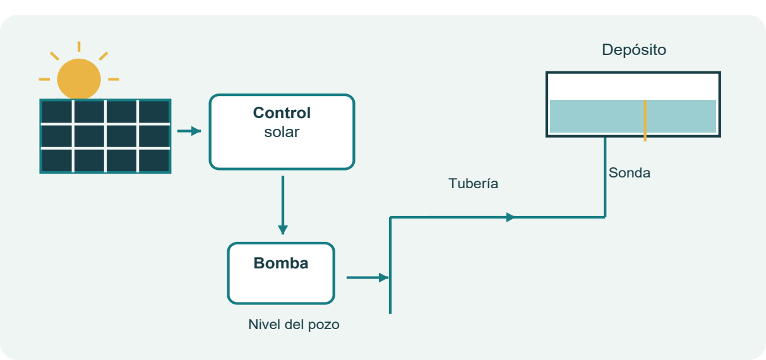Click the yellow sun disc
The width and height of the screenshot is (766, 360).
[x=79, y=79]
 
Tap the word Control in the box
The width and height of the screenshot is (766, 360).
[x=282, y=113]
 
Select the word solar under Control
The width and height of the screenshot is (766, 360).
[x=282, y=132]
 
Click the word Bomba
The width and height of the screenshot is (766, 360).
[x=281, y=263]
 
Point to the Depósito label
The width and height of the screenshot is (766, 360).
[x=634, y=50]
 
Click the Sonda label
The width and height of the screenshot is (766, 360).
[x=629, y=172]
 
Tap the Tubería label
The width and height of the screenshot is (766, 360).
[x=473, y=184]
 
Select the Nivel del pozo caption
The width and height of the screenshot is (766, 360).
[x=294, y=325]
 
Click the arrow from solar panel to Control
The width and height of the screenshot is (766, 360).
[x=189, y=131]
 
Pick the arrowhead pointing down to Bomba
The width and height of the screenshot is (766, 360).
[x=283, y=230]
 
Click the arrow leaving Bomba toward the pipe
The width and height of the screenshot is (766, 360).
[x=368, y=278]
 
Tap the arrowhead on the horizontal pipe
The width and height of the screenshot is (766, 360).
[x=510, y=217]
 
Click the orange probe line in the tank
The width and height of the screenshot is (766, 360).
[x=645, y=121]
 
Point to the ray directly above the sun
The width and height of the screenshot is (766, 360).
[x=79, y=47]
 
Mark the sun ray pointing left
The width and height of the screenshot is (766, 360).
[x=44, y=80]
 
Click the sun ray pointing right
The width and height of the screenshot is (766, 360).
[x=114, y=80]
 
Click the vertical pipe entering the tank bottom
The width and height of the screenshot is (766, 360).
[x=605, y=177]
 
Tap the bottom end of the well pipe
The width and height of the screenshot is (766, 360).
[x=390, y=313]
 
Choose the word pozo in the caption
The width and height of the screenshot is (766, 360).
[x=323, y=325]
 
